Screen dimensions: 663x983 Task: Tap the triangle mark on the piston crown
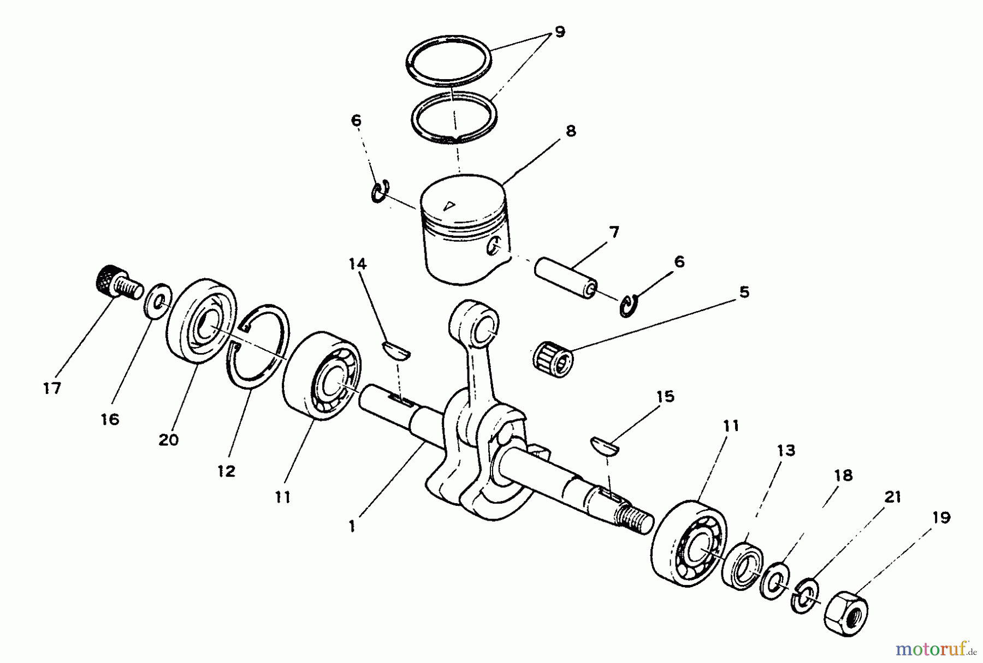(449, 206)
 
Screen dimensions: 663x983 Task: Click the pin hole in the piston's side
(495, 246)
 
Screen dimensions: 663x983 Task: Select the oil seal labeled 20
(200, 321)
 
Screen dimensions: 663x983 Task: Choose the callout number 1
(352, 527)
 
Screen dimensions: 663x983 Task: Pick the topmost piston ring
(448, 61)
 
